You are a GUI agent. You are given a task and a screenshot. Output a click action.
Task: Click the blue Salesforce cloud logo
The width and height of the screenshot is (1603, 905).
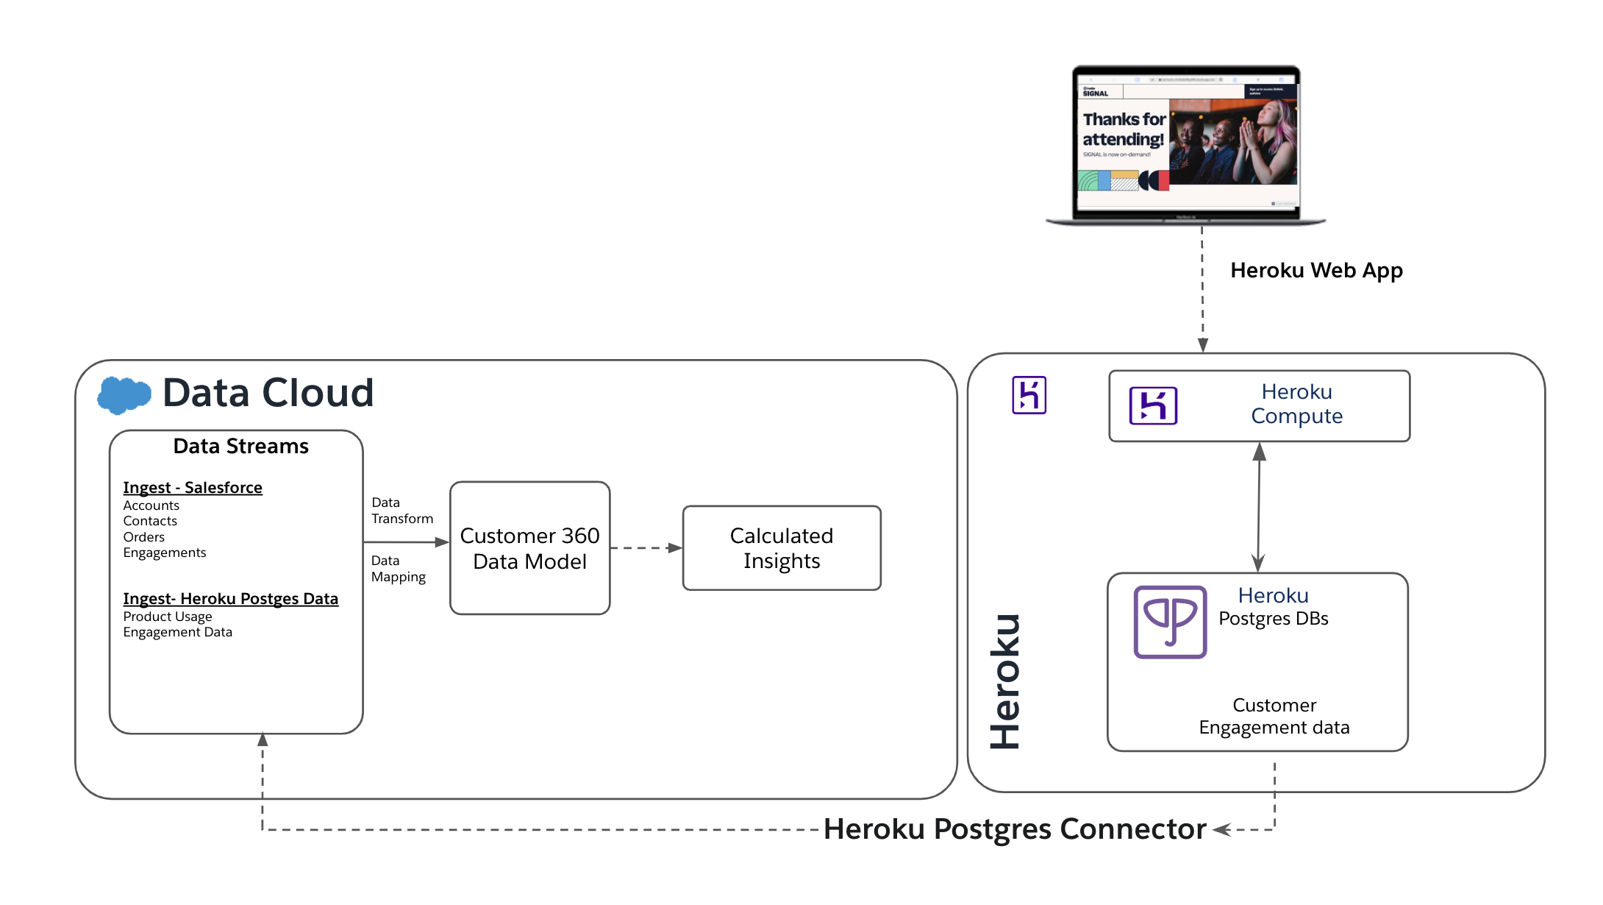(x=124, y=395)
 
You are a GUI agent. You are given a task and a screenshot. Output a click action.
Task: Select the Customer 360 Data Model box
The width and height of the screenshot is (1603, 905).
(x=529, y=548)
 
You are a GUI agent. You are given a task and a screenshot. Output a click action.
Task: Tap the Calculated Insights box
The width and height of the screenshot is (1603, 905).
(x=782, y=548)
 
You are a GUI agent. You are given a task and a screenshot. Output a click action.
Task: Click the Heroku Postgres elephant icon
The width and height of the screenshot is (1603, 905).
(x=1170, y=622)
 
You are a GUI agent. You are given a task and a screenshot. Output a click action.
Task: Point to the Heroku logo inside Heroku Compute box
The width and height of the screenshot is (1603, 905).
(x=1153, y=405)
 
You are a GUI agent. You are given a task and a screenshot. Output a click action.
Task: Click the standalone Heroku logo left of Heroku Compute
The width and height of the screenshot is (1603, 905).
(x=1029, y=395)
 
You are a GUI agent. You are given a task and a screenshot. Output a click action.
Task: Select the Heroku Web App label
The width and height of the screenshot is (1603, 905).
(x=1316, y=271)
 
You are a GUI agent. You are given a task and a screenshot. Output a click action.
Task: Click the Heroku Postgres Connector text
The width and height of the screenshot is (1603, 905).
(x=1015, y=829)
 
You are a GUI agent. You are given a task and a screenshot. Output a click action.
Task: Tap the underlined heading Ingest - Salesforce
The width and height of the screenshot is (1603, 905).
(x=193, y=488)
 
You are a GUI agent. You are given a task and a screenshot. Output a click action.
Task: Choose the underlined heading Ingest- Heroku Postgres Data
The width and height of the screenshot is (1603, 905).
(x=230, y=599)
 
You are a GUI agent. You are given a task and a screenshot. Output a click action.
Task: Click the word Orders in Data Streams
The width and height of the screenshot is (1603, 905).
(x=143, y=537)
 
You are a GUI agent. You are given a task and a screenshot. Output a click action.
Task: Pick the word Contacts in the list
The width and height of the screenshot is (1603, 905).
(x=150, y=521)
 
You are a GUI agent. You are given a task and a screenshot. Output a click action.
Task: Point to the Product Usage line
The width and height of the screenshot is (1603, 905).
(x=168, y=617)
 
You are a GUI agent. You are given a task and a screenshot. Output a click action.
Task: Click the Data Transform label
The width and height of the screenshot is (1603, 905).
(x=401, y=511)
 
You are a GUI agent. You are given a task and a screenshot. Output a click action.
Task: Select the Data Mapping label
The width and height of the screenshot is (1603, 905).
(x=398, y=569)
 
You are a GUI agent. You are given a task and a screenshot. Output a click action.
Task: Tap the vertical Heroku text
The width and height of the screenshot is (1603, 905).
(x=1005, y=681)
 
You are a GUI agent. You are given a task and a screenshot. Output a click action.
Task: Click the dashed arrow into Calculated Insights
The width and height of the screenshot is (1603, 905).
(x=646, y=548)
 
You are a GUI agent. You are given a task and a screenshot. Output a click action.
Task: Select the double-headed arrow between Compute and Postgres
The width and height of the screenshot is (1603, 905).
(x=1259, y=507)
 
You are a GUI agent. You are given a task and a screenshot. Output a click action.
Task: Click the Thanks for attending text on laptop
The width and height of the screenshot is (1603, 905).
(x=1123, y=129)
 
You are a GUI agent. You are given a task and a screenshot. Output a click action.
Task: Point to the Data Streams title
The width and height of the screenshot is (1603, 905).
(x=240, y=447)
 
